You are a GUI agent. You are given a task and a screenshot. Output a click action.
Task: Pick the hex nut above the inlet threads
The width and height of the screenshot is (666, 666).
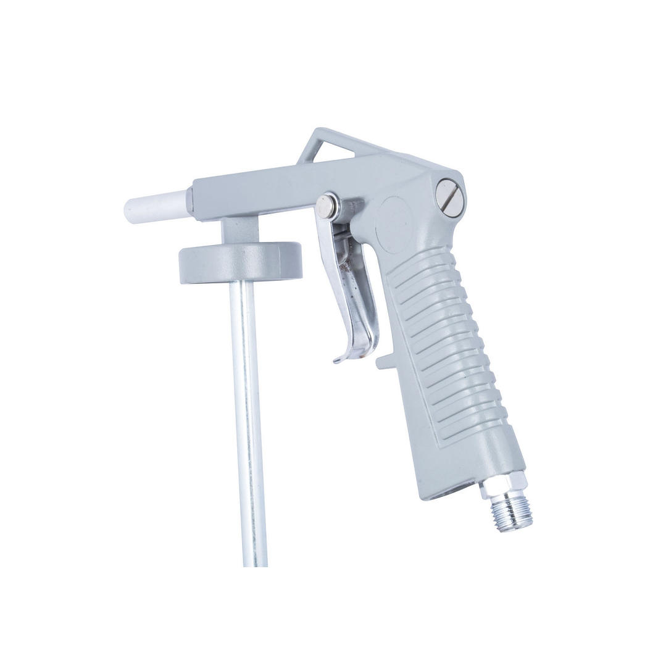503,485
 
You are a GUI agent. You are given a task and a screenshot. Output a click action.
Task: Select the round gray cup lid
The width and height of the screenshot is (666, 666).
241,262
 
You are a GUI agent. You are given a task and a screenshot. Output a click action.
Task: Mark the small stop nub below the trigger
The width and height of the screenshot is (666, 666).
385,362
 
